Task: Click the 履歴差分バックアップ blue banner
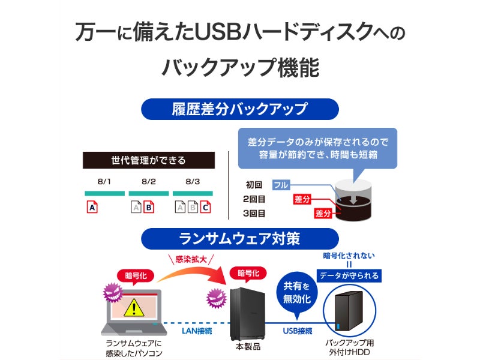click(x=239, y=109)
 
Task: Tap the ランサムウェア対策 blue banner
click(x=239, y=239)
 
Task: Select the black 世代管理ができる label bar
click(x=148, y=160)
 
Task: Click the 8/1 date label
click(x=104, y=182)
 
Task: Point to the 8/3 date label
click(x=193, y=182)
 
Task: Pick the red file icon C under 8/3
click(x=205, y=207)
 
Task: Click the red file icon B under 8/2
click(x=149, y=207)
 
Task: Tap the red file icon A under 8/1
click(x=92, y=207)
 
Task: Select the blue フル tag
click(x=281, y=185)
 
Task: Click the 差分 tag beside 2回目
click(x=302, y=199)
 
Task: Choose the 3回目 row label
click(x=254, y=214)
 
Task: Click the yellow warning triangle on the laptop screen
click(x=134, y=308)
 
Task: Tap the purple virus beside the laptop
click(x=113, y=293)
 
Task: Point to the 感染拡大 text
click(x=191, y=260)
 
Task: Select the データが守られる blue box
click(x=349, y=276)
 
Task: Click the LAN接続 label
click(x=197, y=331)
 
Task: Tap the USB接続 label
click(x=297, y=331)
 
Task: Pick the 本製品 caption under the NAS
click(x=248, y=347)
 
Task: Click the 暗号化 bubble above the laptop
click(x=136, y=277)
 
